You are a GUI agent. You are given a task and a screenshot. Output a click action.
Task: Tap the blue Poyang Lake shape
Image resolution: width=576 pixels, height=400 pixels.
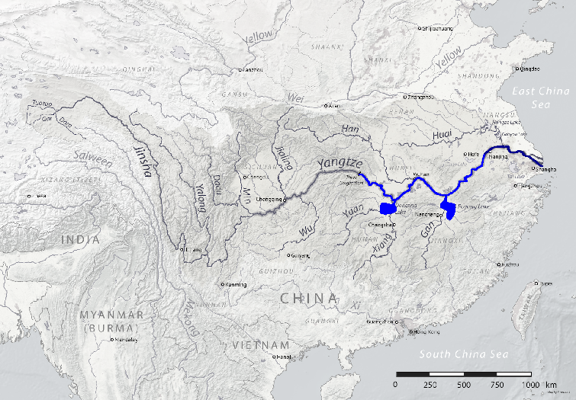(x=449, y=208)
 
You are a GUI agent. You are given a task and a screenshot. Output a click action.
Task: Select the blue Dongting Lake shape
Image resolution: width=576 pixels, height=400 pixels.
(x=389, y=207)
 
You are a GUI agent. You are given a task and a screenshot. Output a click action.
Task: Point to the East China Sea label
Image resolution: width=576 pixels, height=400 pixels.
(x=540, y=97)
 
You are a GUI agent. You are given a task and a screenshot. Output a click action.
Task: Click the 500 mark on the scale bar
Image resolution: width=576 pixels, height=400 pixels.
(x=463, y=385)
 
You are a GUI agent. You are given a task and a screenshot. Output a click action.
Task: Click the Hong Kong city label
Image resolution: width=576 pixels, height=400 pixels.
(x=427, y=333)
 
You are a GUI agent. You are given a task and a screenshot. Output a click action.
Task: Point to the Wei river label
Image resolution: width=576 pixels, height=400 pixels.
(x=294, y=98)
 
